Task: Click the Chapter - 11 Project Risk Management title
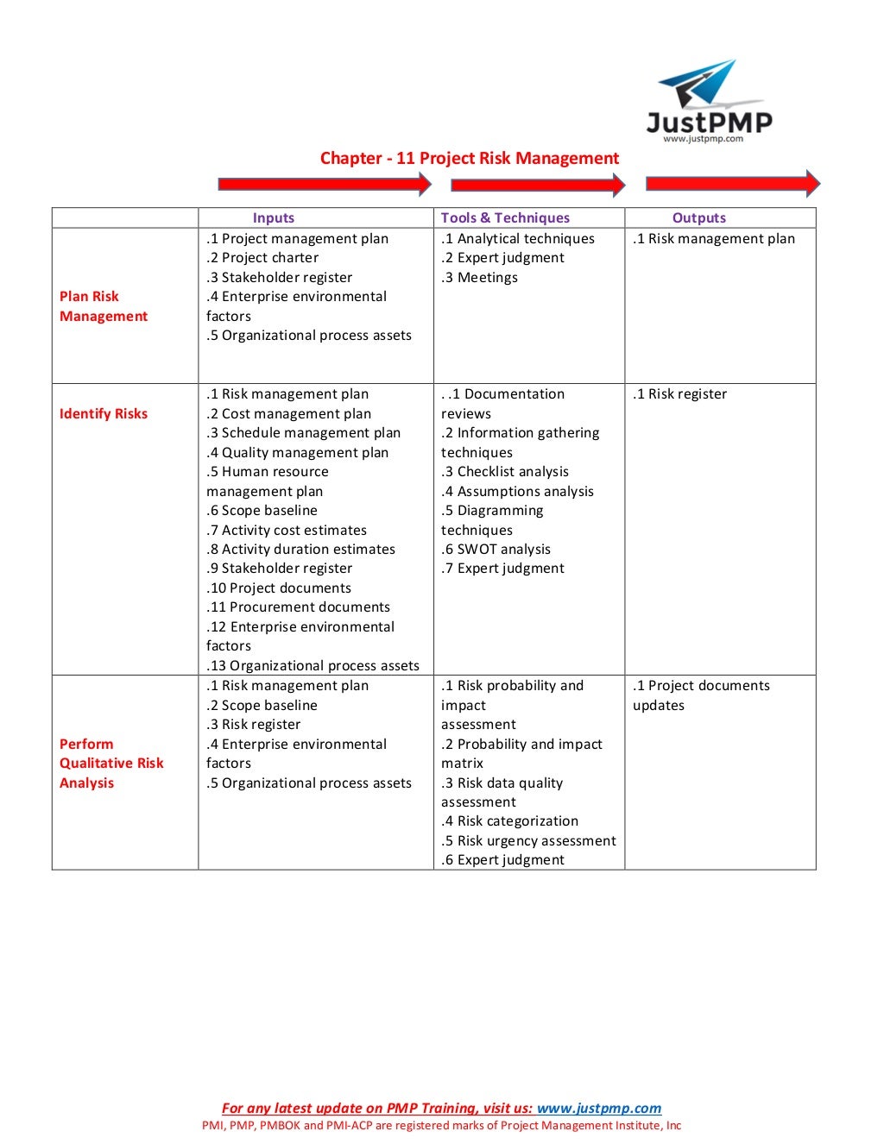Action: pos(469,159)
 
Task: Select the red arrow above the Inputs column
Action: pos(325,184)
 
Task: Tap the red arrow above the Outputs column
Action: pos(732,183)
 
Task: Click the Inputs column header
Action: pos(273,218)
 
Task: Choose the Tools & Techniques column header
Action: pos(505,218)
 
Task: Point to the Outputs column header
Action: pos(698,218)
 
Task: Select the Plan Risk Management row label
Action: pos(103,306)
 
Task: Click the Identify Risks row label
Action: pos(103,413)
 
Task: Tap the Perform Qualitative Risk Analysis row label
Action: pos(110,764)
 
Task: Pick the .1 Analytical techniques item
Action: pos(517,239)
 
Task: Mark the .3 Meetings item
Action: pos(479,278)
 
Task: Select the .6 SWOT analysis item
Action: pos(496,550)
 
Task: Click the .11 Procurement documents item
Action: pos(298,607)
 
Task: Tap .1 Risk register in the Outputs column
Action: pos(679,394)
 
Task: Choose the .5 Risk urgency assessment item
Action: pos(528,841)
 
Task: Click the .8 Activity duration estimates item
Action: pos(300,550)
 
